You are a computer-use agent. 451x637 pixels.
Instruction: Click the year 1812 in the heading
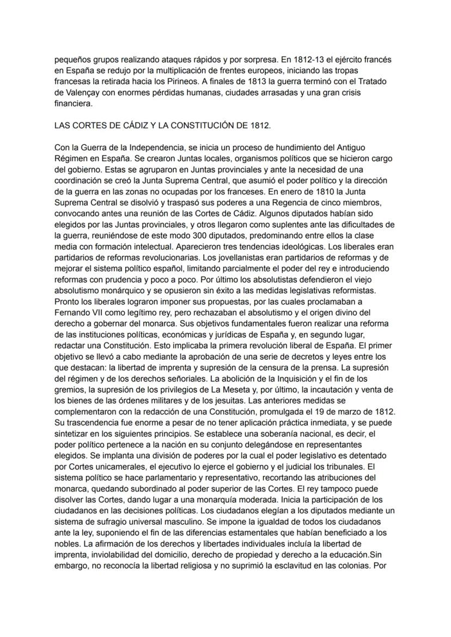260,125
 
